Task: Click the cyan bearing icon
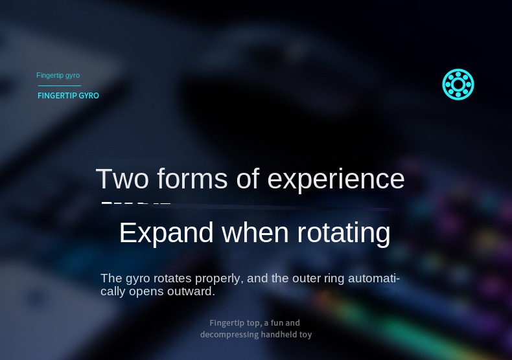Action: tap(458, 85)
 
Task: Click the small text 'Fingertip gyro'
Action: tap(58, 76)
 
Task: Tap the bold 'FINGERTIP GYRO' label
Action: tap(68, 96)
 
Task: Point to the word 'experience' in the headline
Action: tap(336, 179)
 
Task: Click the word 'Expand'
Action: tap(166, 233)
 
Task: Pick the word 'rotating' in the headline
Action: tap(343, 233)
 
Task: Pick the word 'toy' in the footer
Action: tap(305, 335)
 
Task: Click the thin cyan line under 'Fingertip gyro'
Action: tap(59, 85)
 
